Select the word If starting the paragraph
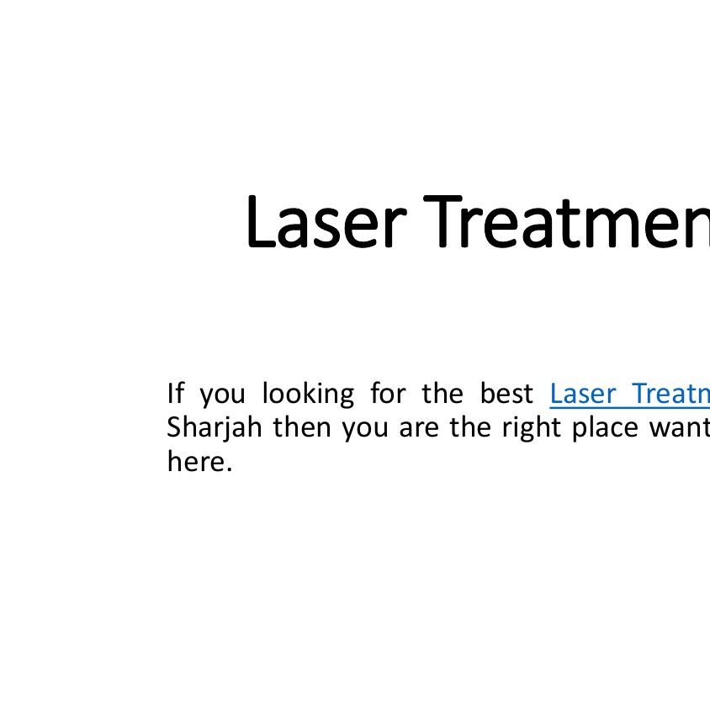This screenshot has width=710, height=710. click(x=175, y=393)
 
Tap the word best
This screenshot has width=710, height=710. click(x=506, y=393)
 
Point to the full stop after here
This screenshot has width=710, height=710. click(x=228, y=469)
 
